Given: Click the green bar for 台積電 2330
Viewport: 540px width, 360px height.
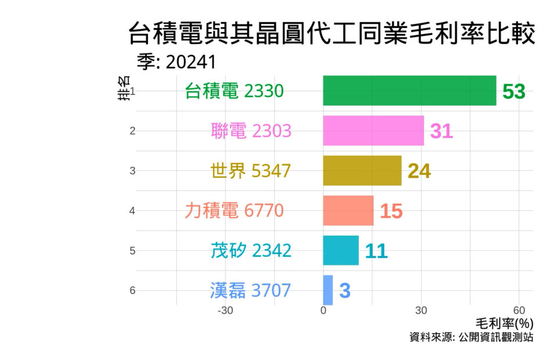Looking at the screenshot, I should coord(409,91).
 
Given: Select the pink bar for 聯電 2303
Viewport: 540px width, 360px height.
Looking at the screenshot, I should coord(373,131).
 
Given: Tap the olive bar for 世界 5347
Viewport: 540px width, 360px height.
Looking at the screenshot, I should coord(362,171).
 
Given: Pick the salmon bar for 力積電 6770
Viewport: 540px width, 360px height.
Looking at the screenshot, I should coord(348,210).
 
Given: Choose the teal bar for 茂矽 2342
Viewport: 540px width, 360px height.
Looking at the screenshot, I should coord(341,250).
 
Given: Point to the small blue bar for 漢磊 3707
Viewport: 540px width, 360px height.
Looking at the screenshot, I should coord(328,290).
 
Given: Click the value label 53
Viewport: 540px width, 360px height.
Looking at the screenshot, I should coord(514,92).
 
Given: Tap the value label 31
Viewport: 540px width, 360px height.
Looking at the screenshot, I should coord(441,132).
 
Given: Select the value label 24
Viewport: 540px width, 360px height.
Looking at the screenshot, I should coord(419,171).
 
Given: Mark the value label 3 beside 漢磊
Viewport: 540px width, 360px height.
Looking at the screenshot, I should coord(345,291).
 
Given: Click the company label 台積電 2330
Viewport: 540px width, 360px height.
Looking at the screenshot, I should coord(234,91).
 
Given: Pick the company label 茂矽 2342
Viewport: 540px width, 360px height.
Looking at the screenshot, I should coord(251,250).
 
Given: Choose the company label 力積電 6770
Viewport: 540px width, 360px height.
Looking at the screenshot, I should coord(234,210).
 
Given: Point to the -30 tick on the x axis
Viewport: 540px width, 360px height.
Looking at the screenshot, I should coord(225,310).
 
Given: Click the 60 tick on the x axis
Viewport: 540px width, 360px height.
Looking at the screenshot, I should coord(520,310).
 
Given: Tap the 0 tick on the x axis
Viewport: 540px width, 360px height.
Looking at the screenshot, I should coord(323,310).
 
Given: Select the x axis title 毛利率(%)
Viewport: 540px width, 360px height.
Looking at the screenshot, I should coord(504,323).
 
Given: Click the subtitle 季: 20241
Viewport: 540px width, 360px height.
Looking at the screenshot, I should coord(177,62).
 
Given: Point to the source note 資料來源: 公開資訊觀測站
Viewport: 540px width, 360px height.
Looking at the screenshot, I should coord(471,337).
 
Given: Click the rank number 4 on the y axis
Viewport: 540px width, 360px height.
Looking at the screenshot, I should coord(132,210).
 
